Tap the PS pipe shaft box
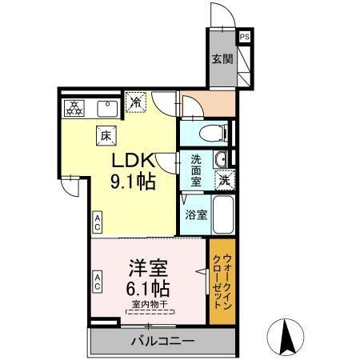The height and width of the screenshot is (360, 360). pos(245,37)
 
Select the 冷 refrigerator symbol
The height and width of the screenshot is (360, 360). pos(137,102)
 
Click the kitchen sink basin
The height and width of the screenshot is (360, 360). pos(106,106)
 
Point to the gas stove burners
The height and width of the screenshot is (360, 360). pos(74,106)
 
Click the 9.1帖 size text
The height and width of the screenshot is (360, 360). pos(132,181)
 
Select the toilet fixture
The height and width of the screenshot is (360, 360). pos(206,133)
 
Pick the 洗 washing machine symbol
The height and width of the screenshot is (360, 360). pos(226,180)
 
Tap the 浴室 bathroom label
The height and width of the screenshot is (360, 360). pos(196,214)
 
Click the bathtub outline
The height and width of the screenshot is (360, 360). pos(223,212)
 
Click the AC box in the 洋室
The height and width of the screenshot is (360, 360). pos(98,281)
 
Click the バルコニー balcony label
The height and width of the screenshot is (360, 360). pos(162,342)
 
